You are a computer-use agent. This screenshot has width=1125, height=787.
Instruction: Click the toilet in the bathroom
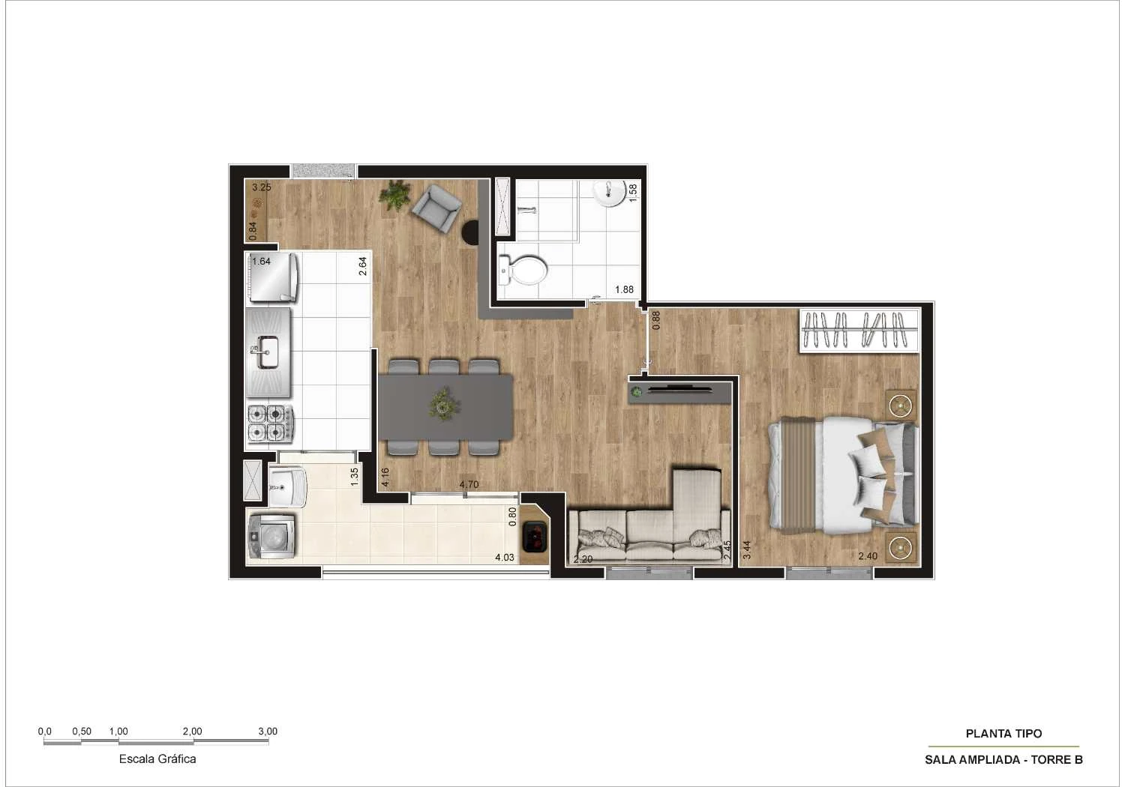coord(523,270)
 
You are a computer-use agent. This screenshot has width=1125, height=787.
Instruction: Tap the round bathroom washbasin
coord(610,193)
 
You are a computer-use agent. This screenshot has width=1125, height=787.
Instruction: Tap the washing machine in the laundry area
coord(271,536)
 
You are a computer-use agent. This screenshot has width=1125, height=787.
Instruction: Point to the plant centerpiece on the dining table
coord(444,403)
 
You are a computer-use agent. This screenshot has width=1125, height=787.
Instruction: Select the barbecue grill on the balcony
coord(533,537)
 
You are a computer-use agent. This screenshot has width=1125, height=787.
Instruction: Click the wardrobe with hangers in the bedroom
coord(859,331)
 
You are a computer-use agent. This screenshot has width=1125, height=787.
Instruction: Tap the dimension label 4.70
coord(469,484)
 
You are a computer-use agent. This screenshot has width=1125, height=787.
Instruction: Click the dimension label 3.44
coord(747,549)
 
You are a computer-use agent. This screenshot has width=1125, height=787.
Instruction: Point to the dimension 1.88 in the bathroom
coord(624,289)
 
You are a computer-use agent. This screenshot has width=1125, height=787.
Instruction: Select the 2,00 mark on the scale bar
coord(192,732)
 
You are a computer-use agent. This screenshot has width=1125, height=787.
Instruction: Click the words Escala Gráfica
coord(157,759)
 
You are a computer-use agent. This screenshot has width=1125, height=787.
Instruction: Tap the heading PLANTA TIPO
coord(1003,733)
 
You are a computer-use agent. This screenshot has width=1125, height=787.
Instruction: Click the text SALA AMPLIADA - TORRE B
coord(1003,759)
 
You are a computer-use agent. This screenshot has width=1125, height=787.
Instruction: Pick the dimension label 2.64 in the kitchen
coord(362,266)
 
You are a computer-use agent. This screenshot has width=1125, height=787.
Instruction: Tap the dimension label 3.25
coord(262,187)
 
